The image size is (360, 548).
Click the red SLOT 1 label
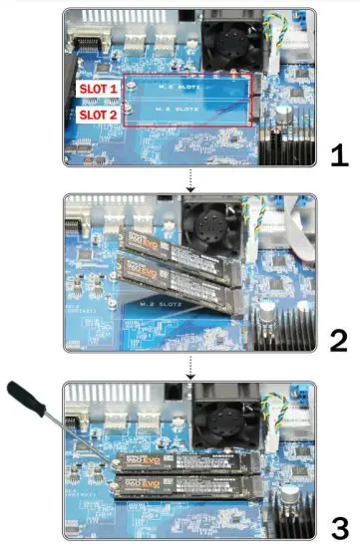98,88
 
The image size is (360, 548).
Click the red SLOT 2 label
98,114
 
